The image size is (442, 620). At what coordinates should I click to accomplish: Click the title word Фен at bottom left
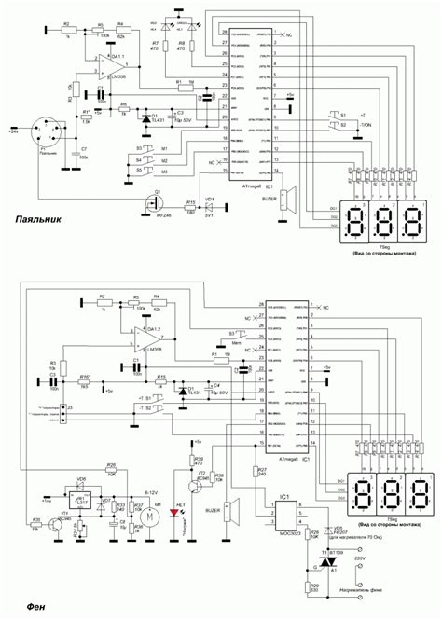click(x=26, y=608)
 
